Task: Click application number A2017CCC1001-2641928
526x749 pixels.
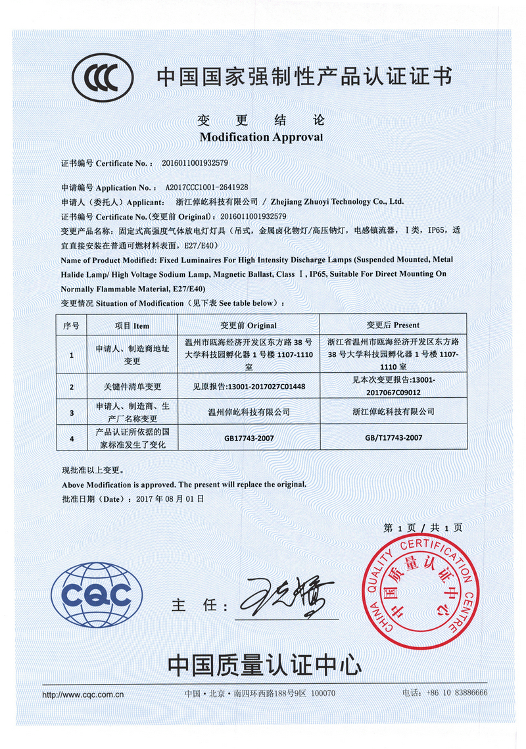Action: [x=206, y=187]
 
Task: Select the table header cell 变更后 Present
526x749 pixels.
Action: [x=393, y=325]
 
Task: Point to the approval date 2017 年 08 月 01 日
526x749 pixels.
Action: [x=170, y=498]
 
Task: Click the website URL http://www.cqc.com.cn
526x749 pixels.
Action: [x=83, y=694]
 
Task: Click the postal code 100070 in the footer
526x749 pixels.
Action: [x=322, y=693]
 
